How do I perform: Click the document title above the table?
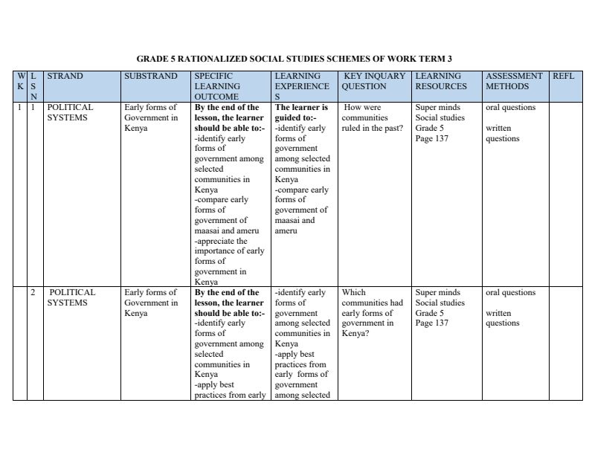[294, 58]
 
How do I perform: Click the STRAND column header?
[65, 76]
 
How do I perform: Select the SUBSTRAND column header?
[151, 76]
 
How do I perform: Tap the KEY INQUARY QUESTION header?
[374, 81]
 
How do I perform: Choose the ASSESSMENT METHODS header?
[514, 81]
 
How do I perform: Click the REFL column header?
[564, 76]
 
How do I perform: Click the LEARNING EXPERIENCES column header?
[302, 86]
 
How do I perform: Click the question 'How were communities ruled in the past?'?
[373, 117]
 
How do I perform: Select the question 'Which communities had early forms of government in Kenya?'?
[373, 313]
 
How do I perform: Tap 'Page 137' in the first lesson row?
[432, 138]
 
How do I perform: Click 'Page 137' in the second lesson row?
[432, 323]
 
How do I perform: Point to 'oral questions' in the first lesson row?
[510, 107]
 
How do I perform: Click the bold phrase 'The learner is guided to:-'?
[301, 112]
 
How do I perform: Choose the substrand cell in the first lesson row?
[151, 117]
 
